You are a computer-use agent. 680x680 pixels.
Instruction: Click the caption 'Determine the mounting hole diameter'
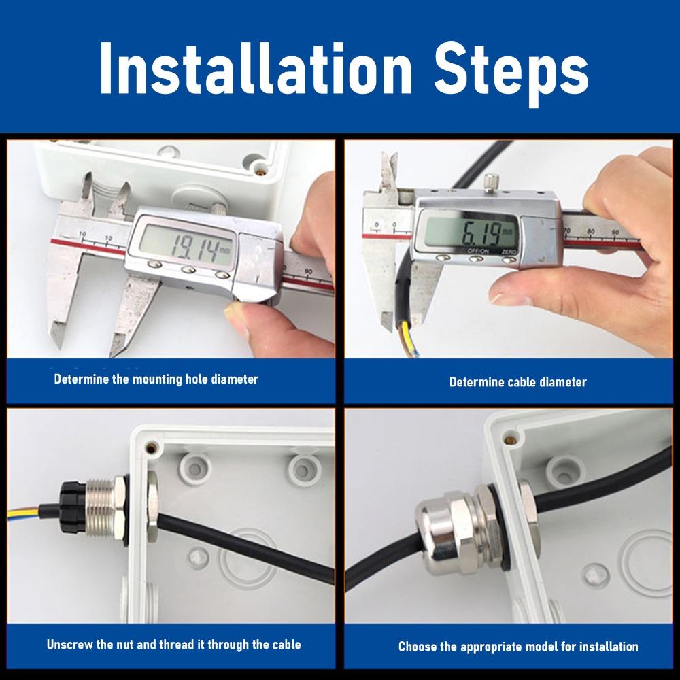[156, 379]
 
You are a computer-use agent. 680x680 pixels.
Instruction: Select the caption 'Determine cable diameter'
[517, 382]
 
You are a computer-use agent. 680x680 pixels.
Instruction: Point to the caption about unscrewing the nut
[173, 644]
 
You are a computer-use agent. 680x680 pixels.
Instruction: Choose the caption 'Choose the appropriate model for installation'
[518, 647]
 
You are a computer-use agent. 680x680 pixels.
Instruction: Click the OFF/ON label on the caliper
[477, 252]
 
